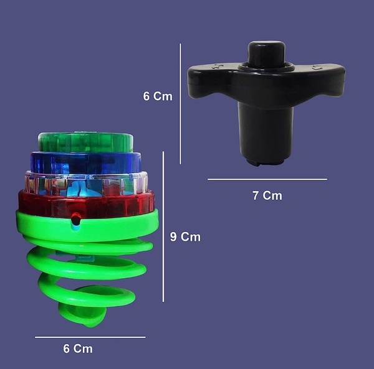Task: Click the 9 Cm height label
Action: coord(185,237)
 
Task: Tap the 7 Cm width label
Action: coord(267,195)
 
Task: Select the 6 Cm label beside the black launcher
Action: coord(158,96)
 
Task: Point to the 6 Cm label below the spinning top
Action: coord(78,348)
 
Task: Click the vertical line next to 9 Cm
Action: coord(163,227)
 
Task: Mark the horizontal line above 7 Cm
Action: coord(267,179)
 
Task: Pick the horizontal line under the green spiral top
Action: coord(90,337)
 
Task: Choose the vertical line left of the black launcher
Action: coord(180,104)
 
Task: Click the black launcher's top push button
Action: coord(266,54)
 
